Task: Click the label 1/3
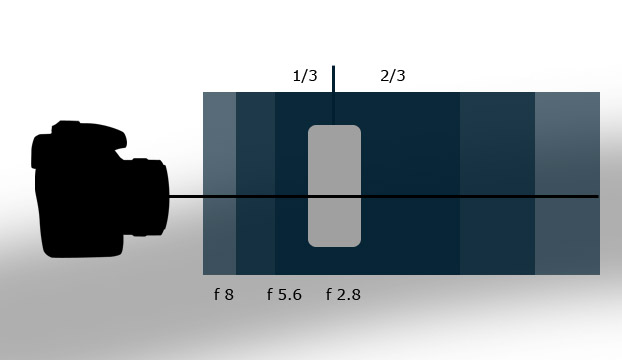click(305, 75)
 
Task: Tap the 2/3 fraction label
click(393, 75)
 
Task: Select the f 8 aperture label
click(224, 295)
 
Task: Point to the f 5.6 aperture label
click(284, 295)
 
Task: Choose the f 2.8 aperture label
click(343, 295)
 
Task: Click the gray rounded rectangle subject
click(334, 186)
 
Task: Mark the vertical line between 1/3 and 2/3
click(334, 95)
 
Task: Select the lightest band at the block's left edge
click(219, 183)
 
